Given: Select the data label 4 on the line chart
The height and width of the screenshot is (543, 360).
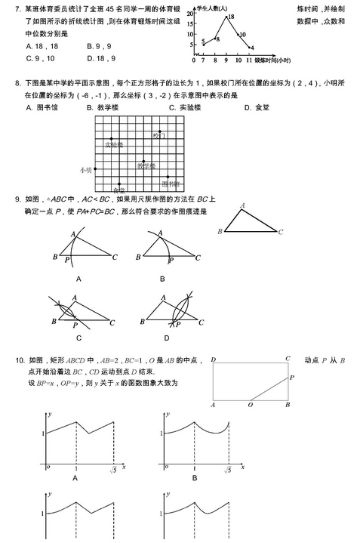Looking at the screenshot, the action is click(252, 47).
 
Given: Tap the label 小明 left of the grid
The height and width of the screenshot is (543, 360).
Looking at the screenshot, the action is click(84, 171).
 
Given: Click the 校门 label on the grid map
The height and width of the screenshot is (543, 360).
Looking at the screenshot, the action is click(158, 136).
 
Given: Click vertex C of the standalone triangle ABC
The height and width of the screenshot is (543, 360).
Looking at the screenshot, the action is click(280, 232).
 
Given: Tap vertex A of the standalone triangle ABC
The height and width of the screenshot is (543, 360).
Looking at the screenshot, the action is click(242, 205).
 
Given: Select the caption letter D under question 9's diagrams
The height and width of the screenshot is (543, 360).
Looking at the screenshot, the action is click(165, 338).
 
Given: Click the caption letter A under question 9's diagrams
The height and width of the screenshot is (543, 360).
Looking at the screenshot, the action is click(78, 279).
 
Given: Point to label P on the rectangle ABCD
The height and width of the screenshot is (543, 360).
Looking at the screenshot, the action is click(292, 377).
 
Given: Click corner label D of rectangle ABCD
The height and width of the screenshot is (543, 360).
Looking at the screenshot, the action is click(213, 359).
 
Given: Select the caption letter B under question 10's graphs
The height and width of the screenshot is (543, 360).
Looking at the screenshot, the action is click(194, 478).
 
